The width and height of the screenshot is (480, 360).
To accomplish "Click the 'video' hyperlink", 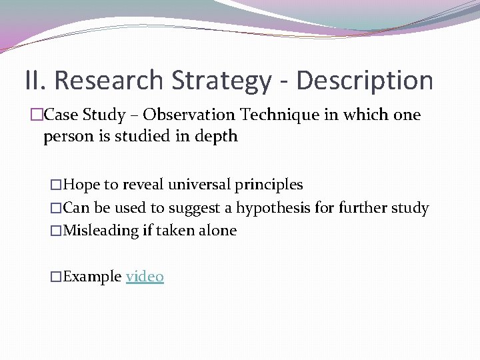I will pyautogui.click(x=145, y=277).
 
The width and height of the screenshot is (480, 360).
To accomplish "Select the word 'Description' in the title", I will pyautogui.click(x=364, y=81).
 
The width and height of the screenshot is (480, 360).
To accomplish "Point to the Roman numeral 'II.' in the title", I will pyautogui.click(x=36, y=81).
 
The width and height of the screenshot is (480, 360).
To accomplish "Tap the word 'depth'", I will pyautogui.click(x=216, y=137).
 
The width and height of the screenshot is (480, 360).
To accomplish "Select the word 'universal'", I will pyautogui.click(x=199, y=185).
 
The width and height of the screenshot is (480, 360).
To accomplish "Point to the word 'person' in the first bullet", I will pyautogui.click(x=65, y=137).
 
